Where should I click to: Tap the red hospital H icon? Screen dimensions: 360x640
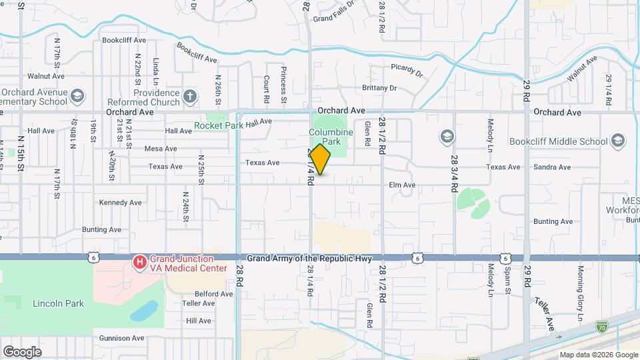pos(140,263)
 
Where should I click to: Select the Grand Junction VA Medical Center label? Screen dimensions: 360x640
pos(181,263)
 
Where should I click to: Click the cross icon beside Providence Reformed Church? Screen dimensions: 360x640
pos(190,97)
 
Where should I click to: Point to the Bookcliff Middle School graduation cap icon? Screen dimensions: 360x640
pos(618,141)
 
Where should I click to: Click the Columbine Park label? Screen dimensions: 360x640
pos(330,137)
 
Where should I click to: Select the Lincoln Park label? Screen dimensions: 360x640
pos(58,303)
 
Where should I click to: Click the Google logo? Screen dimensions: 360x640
pos(22,351)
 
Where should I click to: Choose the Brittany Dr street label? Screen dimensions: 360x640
pos(379,88)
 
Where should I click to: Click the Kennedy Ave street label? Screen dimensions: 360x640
pos(121,203)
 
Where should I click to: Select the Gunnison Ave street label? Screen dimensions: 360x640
pos(122,338)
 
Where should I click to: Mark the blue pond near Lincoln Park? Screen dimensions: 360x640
pos(144,311)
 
